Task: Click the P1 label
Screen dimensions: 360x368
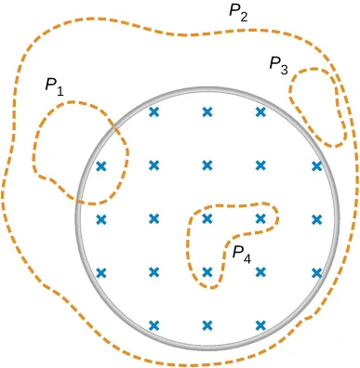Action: tap(54, 86)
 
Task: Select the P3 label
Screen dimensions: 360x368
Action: tap(278, 64)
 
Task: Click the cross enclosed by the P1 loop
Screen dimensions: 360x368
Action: tap(101, 167)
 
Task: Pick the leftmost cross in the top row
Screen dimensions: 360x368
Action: tap(154, 112)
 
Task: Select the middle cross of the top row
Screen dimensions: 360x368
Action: tap(207, 112)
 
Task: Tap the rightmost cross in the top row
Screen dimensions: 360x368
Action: tap(261, 112)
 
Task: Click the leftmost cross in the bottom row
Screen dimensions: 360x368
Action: tap(154, 325)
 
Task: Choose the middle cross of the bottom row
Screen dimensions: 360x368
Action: tap(207, 325)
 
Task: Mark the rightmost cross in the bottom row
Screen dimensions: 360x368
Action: tap(261, 325)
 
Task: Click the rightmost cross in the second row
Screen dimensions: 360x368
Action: tap(316, 167)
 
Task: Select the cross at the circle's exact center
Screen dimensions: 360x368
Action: tap(207, 219)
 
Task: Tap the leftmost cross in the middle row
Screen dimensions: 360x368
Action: tap(101, 219)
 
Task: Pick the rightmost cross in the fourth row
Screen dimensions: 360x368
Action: tap(316, 273)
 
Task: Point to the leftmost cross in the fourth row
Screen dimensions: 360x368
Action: tap(101, 273)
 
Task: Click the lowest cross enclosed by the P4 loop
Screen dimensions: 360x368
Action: tap(207, 273)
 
